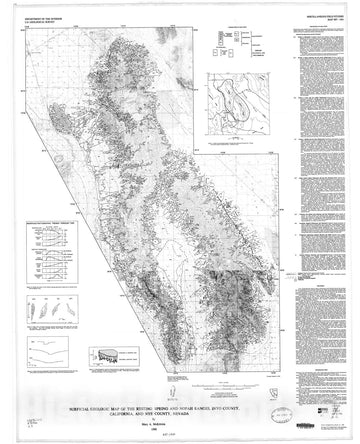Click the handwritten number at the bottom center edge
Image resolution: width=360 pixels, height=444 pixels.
click(x=181, y=437)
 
